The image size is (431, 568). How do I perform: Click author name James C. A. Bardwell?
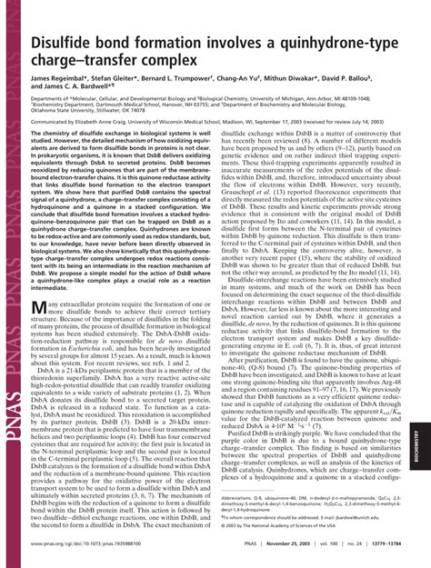coord(90,92)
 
